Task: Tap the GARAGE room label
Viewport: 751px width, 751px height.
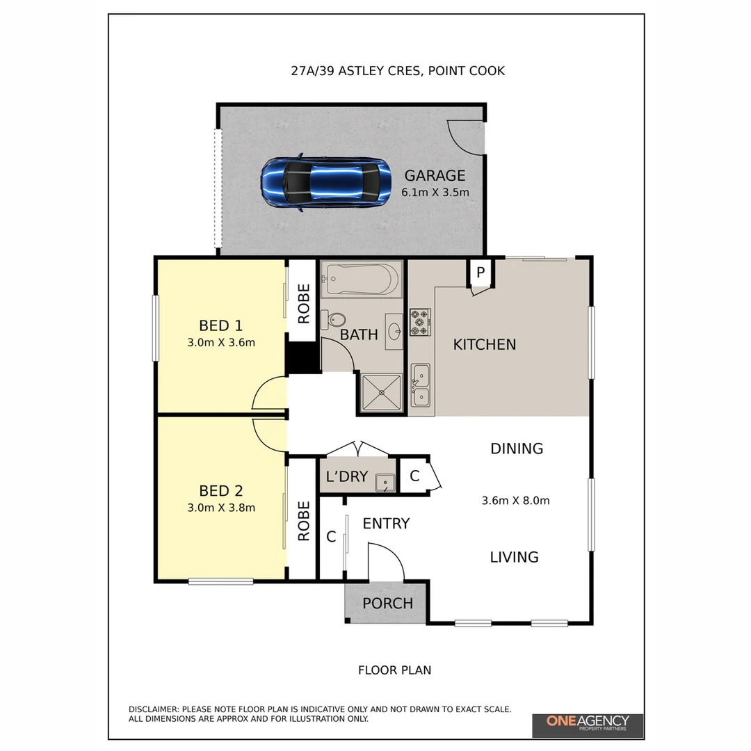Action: point(435,176)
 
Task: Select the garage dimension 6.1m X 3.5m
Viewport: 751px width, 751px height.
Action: point(435,192)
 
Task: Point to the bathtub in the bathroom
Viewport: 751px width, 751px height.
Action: point(361,279)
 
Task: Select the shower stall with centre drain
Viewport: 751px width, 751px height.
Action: point(381,393)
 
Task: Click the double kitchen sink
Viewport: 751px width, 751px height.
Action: point(420,386)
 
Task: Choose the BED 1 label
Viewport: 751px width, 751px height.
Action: point(220,325)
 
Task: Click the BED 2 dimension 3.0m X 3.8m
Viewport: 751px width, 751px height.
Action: point(221,508)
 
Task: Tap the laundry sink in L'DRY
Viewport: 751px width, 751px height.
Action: point(384,481)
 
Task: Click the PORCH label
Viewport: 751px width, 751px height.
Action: point(387,604)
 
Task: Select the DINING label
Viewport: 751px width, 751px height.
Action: point(517,449)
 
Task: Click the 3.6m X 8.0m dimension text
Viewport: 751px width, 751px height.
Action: point(515,500)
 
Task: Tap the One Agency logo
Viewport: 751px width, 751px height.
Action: point(588,724)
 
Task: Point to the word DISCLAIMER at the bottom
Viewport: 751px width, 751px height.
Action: point(154,709)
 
